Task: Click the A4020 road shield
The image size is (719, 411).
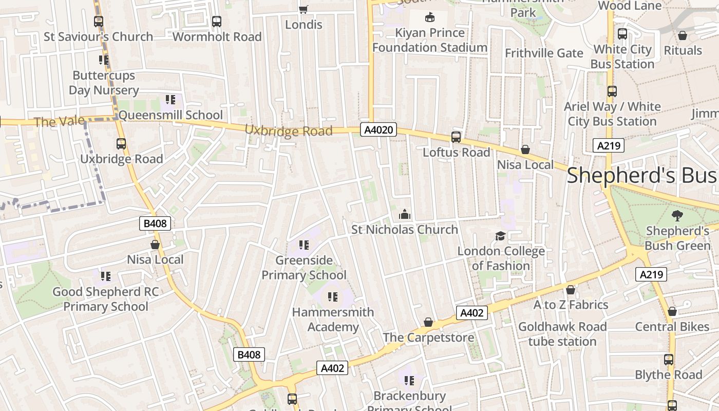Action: point(378,129)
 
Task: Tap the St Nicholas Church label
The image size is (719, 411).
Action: point(404,230)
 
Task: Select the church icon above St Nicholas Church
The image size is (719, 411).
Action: point(405,214)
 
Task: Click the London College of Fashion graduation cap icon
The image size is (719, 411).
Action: point(500,236)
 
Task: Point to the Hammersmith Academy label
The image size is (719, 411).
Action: point(333,320)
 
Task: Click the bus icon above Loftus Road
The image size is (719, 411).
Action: point(456,137)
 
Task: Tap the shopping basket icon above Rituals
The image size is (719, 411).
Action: point(683,35)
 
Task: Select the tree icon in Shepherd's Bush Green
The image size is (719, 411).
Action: point(677,215)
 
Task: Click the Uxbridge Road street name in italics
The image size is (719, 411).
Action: point(289,130)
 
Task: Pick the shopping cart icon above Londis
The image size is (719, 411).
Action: point(303,9)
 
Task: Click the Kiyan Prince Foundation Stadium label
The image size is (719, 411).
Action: point(429,40)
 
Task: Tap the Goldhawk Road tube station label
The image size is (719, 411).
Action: point(562,334)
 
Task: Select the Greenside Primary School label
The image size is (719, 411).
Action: point(304,268)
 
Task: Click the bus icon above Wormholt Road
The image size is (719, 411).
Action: point(217,22)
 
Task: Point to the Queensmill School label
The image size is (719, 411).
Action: point(171,115)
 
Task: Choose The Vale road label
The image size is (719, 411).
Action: point(51,122)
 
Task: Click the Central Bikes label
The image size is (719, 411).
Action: point(672,327)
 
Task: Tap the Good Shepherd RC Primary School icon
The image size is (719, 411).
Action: point(105,276)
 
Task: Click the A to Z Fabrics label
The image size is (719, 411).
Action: point(571,305)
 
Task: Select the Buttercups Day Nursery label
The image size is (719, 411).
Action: point(104,83)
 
